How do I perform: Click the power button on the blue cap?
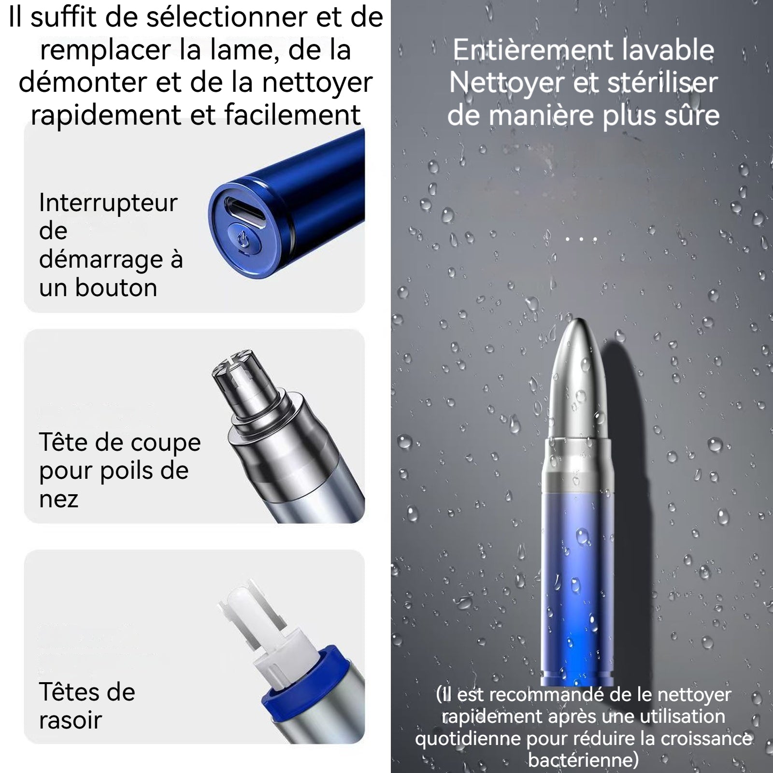click(x=243, y=240)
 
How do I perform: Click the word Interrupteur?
click(x=108, y=203)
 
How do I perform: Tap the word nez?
click(x=58, y=500)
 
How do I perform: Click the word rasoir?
click(x=71, y=720)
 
